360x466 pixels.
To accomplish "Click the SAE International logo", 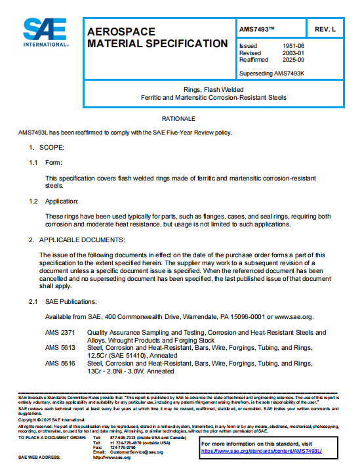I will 46,32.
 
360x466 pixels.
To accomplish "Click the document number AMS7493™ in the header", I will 258,30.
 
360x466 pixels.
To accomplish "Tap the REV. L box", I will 325,30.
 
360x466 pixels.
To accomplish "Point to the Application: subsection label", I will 62,201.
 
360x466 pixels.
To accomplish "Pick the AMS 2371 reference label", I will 59,333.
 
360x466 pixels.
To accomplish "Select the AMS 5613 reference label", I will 59,349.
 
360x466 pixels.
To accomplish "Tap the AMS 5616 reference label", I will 59,363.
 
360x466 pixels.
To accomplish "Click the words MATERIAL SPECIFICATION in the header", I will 157,43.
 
